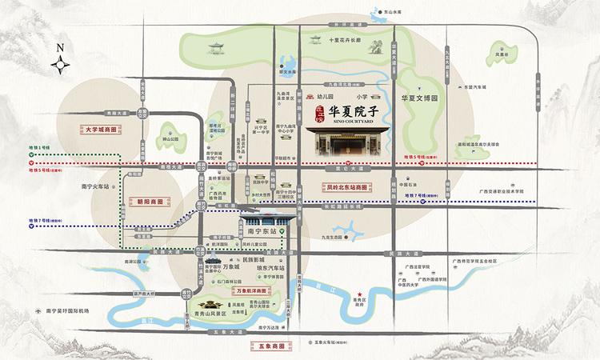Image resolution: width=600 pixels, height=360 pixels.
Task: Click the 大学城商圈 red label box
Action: coord(101,128)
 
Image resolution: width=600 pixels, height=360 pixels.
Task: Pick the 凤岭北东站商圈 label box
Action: coord(339,186)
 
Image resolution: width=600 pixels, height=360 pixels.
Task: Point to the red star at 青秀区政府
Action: coord(360,294)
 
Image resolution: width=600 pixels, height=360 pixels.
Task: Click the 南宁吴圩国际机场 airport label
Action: coord(67,310)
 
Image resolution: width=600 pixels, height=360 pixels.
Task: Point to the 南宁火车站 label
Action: coord(97,186)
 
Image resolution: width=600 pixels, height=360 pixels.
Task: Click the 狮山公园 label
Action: coord(170,145)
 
